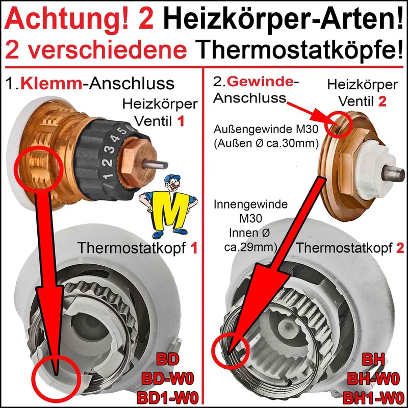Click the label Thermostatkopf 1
(137, 248)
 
